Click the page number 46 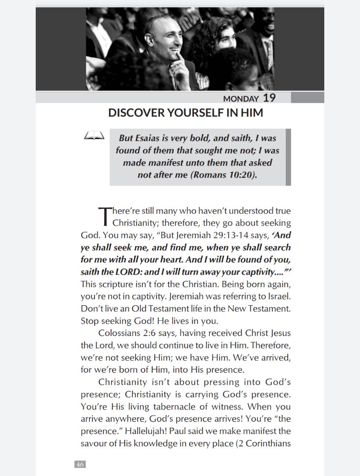pos(80,464)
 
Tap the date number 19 pos(269,98)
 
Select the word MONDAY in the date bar pos(241,99)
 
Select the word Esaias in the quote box pos(161,138)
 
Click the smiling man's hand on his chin pos(180,67)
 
